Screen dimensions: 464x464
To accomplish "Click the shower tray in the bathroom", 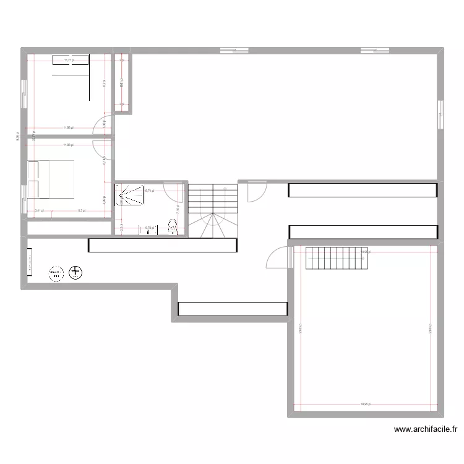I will tap(127, 194).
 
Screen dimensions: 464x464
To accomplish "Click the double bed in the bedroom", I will tap(51, 179).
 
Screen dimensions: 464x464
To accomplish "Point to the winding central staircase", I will tap(212, 210).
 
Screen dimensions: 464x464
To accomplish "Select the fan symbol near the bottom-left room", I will tap(75, 272).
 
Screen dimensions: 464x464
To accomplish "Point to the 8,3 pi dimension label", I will tap(82, 211).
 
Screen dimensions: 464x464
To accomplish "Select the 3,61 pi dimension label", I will tap(39, 211).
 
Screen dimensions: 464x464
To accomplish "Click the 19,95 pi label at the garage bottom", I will tap(367, 404).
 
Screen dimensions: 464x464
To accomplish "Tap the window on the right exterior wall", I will tap(440, 114).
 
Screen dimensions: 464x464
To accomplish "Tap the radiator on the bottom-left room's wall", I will tap(29, 262).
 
